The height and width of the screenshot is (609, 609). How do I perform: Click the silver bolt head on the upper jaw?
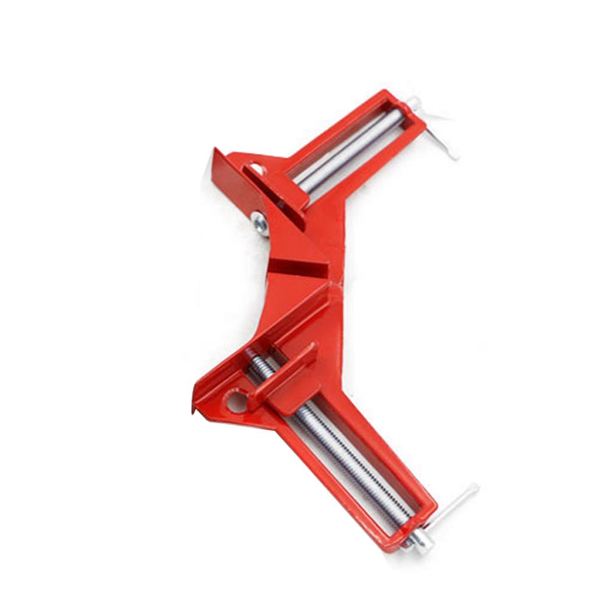point(260,224)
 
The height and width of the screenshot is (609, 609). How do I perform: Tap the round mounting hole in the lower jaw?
point(236,401)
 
